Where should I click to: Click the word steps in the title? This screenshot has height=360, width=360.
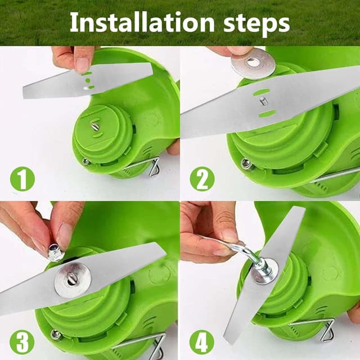pos(253,22)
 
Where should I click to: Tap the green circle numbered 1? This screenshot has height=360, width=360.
pos(22,179)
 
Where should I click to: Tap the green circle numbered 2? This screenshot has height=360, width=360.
pos(201,179)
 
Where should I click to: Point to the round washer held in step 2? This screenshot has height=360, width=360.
pos(250,64)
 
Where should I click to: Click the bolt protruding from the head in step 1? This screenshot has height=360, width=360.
pos(95,126)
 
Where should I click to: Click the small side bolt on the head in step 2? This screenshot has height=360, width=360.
pos(246,164)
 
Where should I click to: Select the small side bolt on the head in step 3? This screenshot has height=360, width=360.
pos(56,335)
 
